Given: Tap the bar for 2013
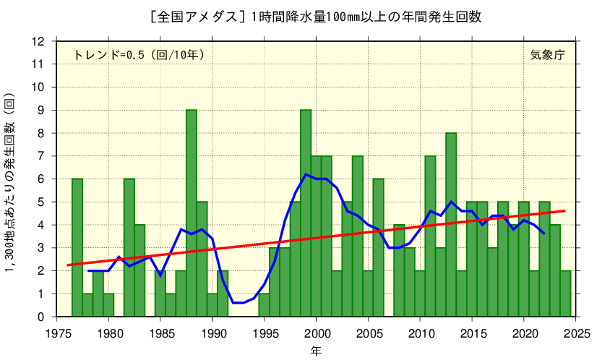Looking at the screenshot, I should click(x=451, y=225).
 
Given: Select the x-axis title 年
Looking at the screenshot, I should click(x=317, y=351).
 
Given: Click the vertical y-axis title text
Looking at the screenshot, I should click(x=10, y=184).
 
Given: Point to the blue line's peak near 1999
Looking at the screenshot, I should click(x=306, y=174).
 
